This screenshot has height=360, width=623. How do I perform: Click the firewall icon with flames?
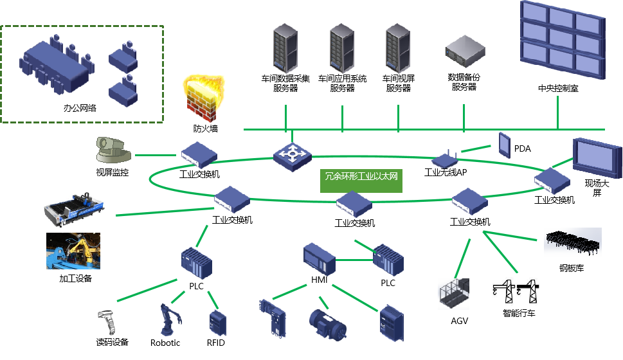[203, 98]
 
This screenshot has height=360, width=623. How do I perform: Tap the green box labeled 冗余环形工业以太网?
[361, 180]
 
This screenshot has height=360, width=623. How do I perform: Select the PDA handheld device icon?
[505, 145]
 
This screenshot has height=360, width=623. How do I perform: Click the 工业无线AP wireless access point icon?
[445, 159]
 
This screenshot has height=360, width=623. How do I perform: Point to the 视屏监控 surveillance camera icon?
[113, 150]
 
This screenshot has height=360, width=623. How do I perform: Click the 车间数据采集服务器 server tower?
[285, 48]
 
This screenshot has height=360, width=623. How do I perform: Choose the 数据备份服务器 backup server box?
[465, 51]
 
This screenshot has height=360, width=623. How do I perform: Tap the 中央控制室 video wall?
[563, 40]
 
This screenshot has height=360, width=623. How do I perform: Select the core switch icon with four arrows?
[292, 157]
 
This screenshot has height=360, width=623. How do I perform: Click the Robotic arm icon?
[171, 319]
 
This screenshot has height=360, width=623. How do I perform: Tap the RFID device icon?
[217, 323]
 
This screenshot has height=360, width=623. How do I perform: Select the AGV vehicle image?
[454, 294]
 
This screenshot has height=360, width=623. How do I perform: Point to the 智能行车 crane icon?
[516, 292]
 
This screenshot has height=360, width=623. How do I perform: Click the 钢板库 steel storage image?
[573, 242]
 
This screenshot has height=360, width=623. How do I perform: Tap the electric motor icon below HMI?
[328, 325]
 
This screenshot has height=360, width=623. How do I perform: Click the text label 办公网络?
[80, 108]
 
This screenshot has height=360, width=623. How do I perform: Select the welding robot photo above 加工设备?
[73, 251]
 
